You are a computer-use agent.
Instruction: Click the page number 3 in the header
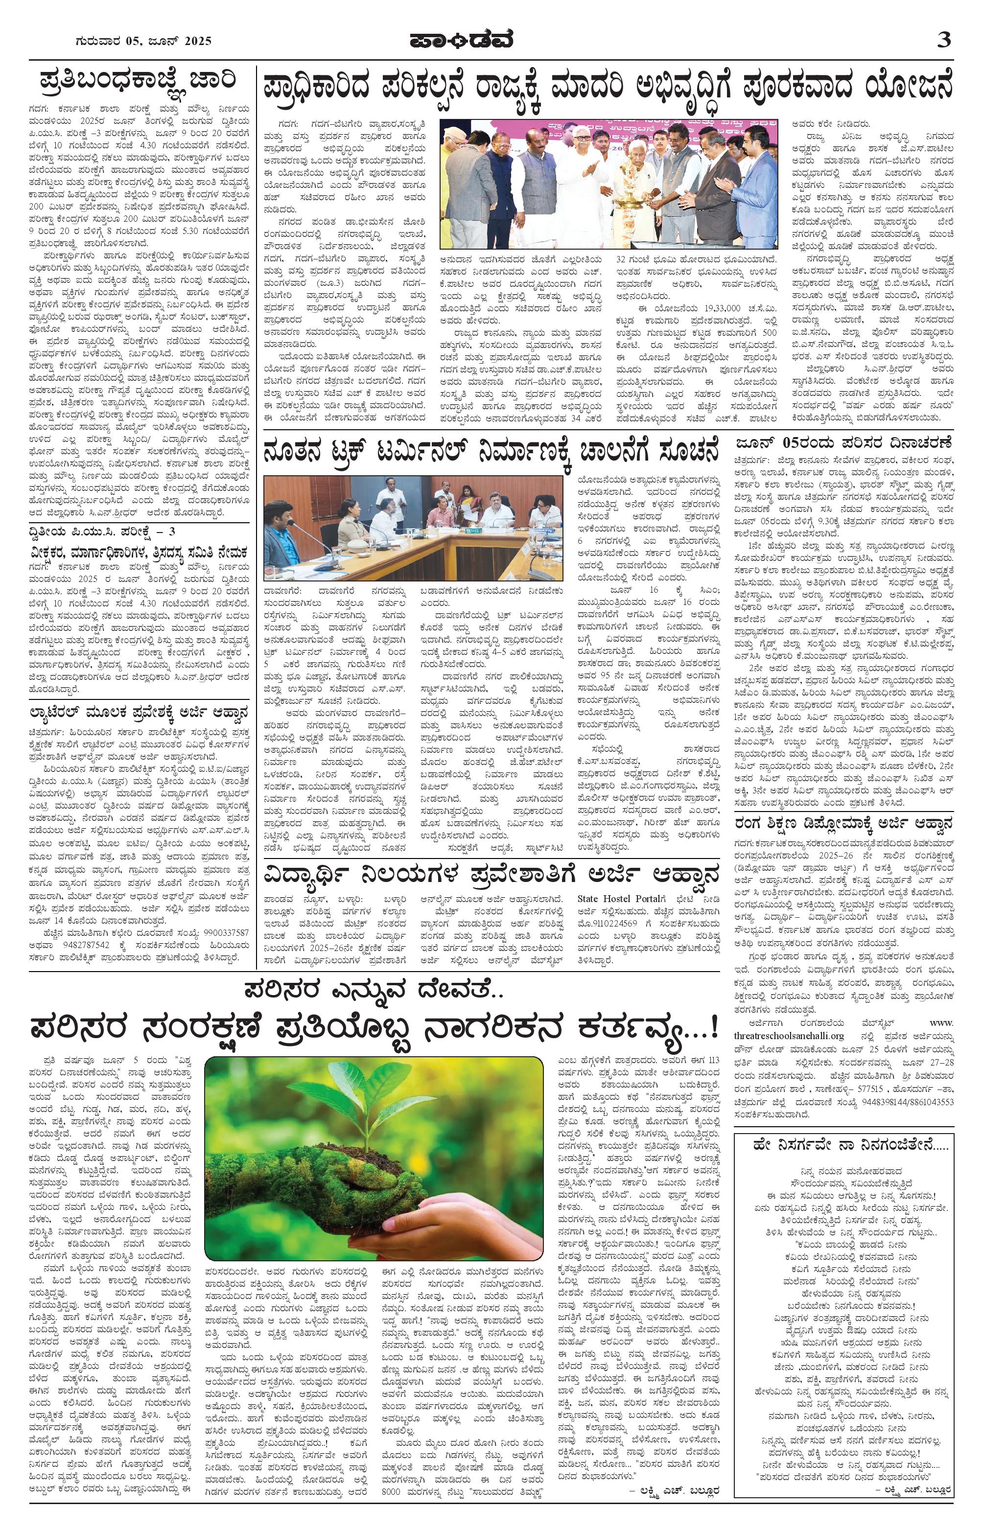(x=943, y=40)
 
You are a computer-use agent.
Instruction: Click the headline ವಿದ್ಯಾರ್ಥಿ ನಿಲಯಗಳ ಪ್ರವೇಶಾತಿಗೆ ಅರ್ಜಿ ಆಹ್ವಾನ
(x=492, y=872)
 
